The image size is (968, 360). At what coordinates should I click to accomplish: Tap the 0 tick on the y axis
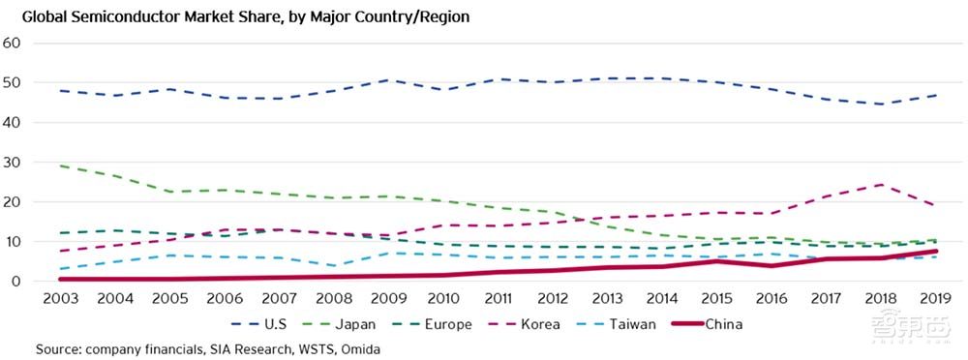click(x=16, y=281)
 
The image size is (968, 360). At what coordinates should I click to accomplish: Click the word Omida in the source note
click(x=357, y=347)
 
